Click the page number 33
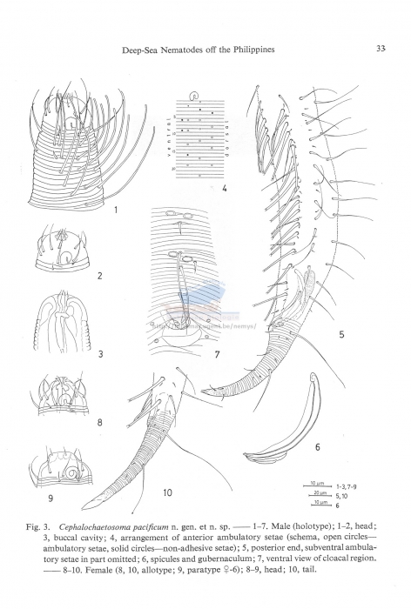(x=381, y=49)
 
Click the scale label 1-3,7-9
(x=345, y=484)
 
